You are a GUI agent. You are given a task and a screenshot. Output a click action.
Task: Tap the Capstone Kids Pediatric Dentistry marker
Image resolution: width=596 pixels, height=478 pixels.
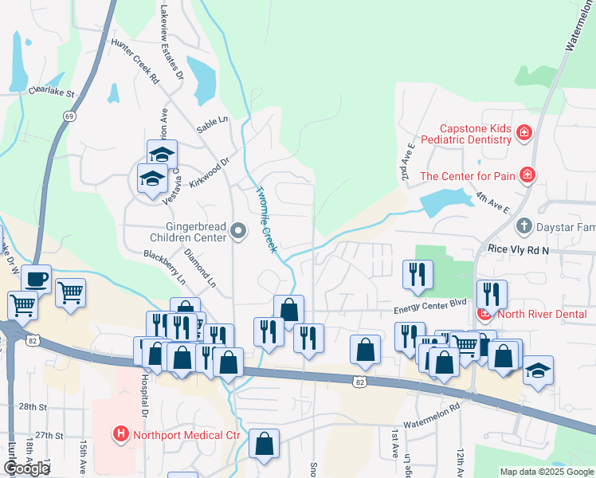(x=524, y=132)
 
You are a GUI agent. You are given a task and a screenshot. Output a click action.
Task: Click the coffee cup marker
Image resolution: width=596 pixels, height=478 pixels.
(x=37, y=279)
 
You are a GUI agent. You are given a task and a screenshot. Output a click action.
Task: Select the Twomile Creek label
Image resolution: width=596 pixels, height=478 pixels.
(x=266, y=220)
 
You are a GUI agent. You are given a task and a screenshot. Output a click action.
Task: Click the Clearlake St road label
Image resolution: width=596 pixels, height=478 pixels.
(x=51, y=92)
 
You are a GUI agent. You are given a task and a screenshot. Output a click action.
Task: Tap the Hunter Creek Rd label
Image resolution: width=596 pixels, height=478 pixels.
(x=135, y=61)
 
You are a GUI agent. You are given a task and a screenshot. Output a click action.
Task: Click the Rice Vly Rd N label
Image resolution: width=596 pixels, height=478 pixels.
(x=520, y=250)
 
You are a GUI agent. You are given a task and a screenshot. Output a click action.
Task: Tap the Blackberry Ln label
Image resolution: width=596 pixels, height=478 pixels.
(x=164, y=267)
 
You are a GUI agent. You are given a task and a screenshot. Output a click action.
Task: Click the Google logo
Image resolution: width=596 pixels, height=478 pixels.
(x=26, y=468)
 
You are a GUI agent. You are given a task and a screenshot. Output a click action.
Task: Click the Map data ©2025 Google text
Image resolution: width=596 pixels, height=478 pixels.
(x=546, y=472)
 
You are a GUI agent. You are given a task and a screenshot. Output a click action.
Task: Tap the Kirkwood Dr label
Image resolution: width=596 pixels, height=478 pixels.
(x=209, y=171)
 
